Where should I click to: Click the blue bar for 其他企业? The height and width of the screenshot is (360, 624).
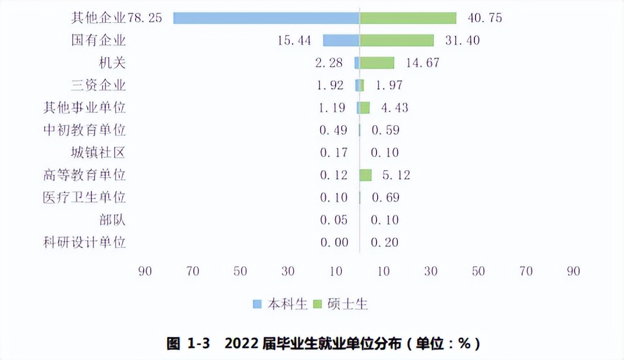coord(266,18)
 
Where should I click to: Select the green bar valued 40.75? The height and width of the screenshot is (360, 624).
coord(408,18)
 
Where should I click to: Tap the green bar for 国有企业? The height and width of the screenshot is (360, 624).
coord(397,40)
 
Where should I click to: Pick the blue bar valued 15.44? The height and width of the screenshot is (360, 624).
coord(341,40)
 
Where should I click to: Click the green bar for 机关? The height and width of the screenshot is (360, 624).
coord(377,62)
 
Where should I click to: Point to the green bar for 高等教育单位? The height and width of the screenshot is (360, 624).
coord(366,175)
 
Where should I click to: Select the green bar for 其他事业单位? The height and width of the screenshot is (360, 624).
coord(365,108)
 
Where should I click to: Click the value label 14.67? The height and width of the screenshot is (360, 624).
coord(423,63)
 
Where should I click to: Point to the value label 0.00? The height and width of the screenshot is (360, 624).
coord(334,242)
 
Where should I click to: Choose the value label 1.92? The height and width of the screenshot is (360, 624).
coord(331,86)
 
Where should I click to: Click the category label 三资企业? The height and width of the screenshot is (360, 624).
coord(98,86)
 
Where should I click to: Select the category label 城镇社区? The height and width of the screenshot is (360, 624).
coord(98,153)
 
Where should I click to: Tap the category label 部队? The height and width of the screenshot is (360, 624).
coord(112,220)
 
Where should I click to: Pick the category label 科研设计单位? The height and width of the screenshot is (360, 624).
coord(85,242)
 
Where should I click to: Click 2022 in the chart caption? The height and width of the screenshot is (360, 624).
coord(240,344)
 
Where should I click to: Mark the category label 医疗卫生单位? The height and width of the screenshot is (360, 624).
coord(85,197)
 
